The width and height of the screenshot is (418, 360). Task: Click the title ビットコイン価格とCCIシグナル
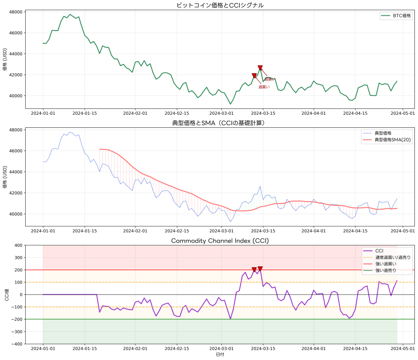point(220,5)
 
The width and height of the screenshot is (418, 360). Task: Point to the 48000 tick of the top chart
point(16,12)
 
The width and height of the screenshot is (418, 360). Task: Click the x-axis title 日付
point(220,355)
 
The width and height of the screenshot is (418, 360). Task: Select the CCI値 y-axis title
point(6,295)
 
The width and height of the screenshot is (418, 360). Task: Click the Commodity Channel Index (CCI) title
point(220,241)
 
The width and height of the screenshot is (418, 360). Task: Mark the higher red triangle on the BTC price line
point(260,68)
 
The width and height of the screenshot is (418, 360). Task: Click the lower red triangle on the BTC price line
point(254,76)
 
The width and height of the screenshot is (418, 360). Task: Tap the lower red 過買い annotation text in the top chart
point(264,87)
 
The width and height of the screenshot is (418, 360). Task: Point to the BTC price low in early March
point(230,104)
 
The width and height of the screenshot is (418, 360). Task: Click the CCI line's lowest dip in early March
point(230,319)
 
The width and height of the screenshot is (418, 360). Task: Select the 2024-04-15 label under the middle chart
point(355,231)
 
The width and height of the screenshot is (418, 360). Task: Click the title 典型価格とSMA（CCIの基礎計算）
point(220,123)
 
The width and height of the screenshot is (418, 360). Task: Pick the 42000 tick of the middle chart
point(16,193)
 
